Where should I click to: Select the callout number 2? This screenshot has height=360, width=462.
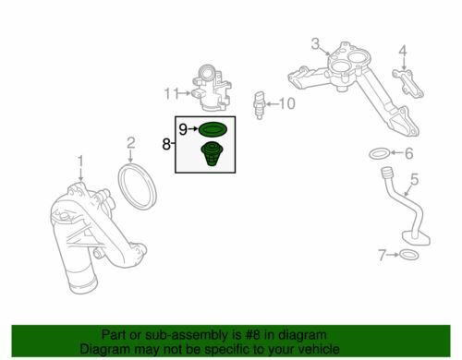131,143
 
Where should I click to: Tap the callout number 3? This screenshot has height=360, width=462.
315,42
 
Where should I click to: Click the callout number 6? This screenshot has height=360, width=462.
408,153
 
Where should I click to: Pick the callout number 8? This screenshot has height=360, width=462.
166,144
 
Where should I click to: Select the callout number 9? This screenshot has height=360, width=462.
183,127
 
